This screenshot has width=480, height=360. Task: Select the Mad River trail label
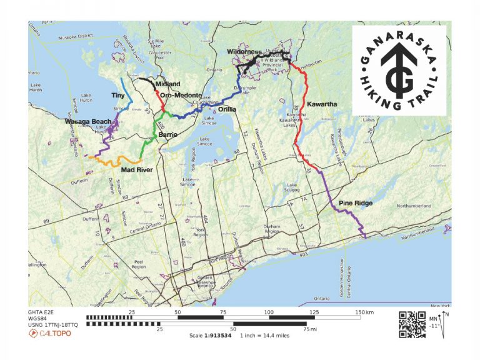coord(137,169)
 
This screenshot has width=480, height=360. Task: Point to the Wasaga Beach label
coord(88,121)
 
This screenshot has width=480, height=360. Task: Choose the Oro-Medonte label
coord(181,95)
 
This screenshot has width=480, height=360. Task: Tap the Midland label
coord(167,84)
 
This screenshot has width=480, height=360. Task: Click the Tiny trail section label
coord(118,96)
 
